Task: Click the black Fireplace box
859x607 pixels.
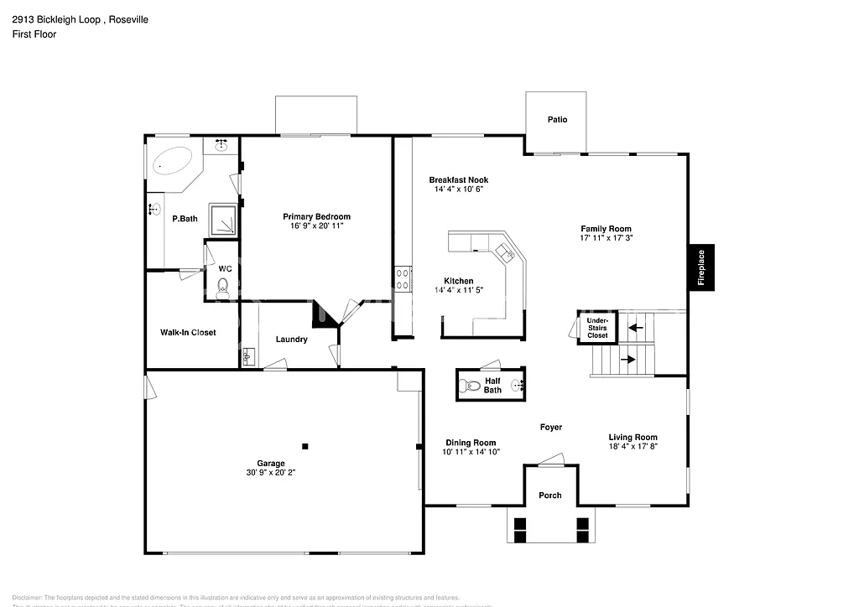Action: [701, 268]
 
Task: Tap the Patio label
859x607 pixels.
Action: [557, 119]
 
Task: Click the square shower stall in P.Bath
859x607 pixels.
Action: [221, 218]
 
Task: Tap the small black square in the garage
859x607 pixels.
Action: [305, 446]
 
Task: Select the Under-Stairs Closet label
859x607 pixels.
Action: [597, 327]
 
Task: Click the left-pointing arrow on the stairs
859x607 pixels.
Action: [635, 327]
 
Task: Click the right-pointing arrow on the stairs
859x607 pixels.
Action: [627, 360]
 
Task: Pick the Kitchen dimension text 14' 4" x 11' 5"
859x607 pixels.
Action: [459, 290]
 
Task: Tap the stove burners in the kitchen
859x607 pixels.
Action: [402, 278]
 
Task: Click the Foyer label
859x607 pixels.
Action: [550, 428]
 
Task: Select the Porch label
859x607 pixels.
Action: [550, 495]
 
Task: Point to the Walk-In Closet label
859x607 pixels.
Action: [188, 332]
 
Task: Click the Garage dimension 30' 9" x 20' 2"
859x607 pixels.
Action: [270, 473]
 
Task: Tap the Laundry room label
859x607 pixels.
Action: [292, 340]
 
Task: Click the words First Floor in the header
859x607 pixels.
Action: [34, 34]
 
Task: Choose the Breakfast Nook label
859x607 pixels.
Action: [458, 180]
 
